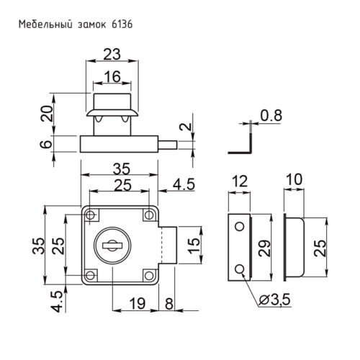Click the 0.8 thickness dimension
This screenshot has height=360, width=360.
271,114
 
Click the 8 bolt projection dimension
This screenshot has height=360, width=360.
168,302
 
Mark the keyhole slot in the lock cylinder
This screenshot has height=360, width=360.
114,246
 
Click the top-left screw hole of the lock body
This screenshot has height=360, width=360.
92,215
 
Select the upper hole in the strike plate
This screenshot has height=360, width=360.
239,226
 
